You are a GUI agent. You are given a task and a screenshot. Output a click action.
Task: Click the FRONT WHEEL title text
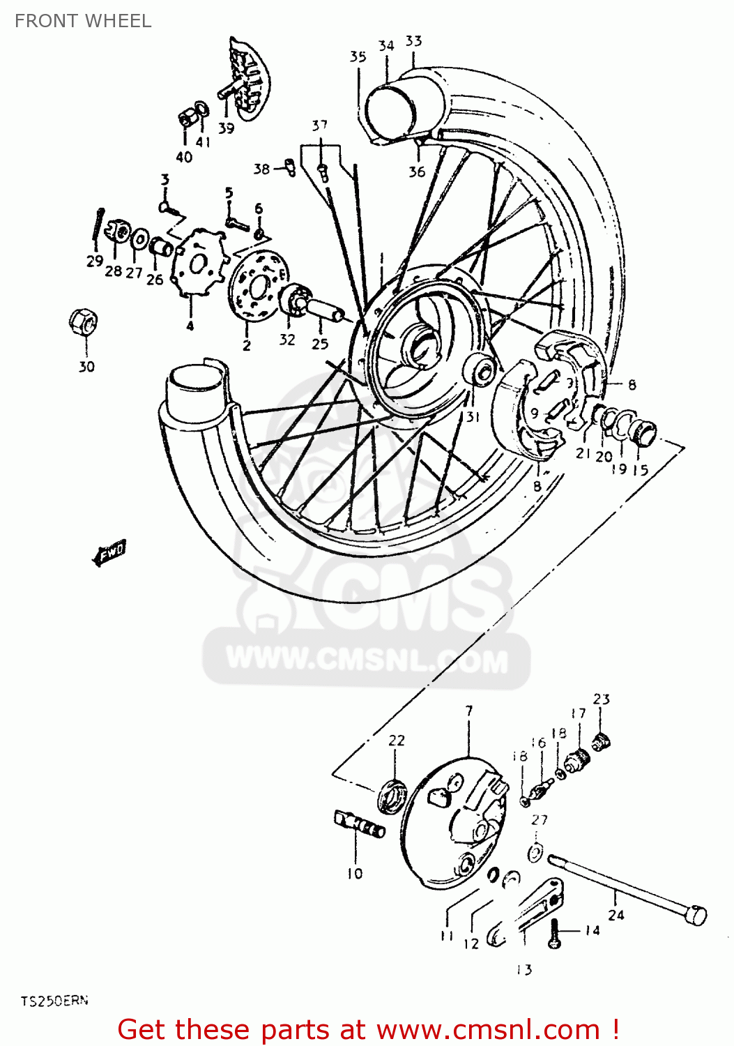click(83, 21)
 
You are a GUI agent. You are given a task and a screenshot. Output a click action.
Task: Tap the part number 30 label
click(86, 366)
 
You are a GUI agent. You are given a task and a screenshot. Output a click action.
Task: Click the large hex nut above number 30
click(83, 321)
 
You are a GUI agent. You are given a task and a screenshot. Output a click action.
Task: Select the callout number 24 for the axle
click(616, 914)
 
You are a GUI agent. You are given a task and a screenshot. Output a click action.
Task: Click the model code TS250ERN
click(54, 1001)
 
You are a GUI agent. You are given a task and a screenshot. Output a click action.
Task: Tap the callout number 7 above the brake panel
click(469, 711)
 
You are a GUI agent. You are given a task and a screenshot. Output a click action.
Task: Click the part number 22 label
click(396, 740)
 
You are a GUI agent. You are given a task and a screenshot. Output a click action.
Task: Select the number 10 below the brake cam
click(355, 873)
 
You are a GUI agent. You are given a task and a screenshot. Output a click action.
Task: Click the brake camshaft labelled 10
click(360, 824)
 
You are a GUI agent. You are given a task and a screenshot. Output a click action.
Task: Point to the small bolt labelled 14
click(555, 933)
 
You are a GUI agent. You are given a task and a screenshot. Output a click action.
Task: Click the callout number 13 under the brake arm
click(524, 969)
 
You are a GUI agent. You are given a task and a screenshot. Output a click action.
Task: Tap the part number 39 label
click(226, 128)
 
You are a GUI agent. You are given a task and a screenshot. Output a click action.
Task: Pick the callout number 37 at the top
click(319, 126)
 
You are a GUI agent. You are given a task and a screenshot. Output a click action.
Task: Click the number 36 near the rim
click(417, 172)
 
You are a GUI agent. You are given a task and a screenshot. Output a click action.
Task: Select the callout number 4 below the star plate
click(190, 325)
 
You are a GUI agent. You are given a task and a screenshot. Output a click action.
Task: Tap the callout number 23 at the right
click(601, 699)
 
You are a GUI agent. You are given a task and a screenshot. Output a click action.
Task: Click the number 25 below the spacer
click(320, 343)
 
